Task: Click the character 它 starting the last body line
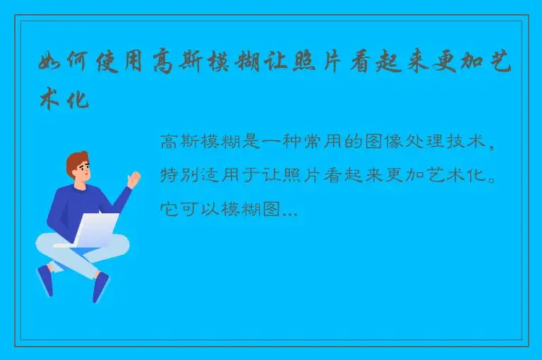169,209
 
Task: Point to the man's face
82,171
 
